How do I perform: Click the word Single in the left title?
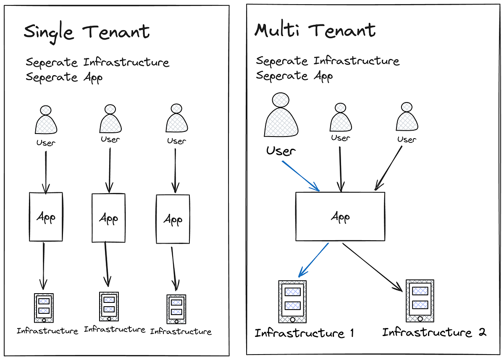tap(49, 33)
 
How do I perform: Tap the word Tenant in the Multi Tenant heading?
tap(342, 30)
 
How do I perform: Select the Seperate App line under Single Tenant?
tap(64, 77)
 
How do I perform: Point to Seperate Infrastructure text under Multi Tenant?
tap(328, 61)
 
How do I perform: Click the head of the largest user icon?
tap(281, 100)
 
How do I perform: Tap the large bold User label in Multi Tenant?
tap(281, 151)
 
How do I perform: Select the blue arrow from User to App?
tap(301, 176)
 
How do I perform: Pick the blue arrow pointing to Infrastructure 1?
tap(313, 260)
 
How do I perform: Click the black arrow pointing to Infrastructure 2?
tap(373, 267)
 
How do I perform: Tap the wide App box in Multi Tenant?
tap(340, 216)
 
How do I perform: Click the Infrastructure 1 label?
tap(304, 333)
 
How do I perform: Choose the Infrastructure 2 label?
tap(434, 332)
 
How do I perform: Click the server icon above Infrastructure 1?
tap(292, 302)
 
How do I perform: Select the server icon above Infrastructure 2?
tap(420, 301)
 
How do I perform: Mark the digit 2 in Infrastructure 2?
tap(482, 332)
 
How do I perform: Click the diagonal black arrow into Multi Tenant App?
tap(388, 168)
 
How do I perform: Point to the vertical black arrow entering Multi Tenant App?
tap(341, 169)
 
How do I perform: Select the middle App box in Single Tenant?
tap(108, 218)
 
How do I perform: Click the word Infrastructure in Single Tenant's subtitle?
tap(126, 62)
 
